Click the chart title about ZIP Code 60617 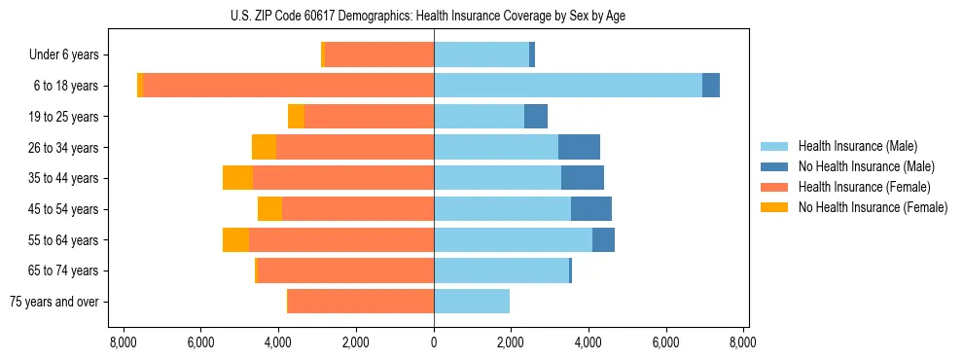(434, 14)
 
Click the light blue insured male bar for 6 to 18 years (568, 86)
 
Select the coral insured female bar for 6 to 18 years (288, 86)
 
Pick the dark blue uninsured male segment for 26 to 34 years (579, 147)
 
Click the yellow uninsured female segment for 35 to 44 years (237, 178)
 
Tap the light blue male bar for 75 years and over (472, 302)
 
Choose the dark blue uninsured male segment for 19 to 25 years (536, 117)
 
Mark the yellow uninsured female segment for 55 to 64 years (235, 239)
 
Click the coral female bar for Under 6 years (379, 55)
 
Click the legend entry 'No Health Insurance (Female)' (873, 207)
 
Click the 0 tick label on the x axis (434, 342)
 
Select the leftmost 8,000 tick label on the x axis (124, 342)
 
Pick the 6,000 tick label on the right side (666, 342)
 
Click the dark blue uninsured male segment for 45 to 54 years (591, 209)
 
